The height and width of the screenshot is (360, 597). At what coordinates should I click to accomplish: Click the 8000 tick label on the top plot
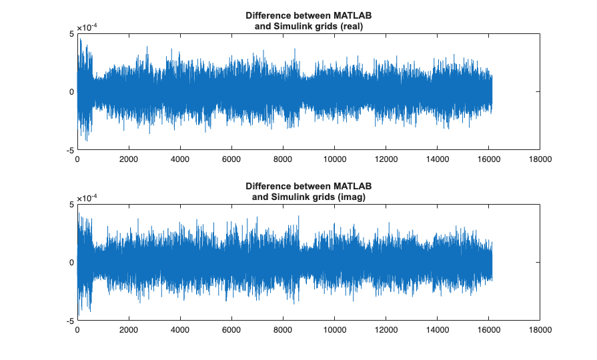(x=283, y=159)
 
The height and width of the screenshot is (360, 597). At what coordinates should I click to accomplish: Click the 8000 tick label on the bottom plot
(x=283, y=330)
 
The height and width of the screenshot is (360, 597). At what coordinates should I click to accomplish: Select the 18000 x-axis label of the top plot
(x=539, y=159)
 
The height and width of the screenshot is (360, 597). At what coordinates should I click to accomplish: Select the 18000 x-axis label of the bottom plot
(x=539, y=330)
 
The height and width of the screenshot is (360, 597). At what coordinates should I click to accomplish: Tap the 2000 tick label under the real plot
(x=129, y=159)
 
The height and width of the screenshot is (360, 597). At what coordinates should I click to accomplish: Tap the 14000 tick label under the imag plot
(x=436, y=330)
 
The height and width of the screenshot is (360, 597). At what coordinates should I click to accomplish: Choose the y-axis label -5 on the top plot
(x=71, y=151)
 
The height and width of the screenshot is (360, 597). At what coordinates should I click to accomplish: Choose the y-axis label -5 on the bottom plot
(x=71, y=321)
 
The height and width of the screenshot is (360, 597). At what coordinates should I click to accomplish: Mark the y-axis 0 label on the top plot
(x=72, y=92)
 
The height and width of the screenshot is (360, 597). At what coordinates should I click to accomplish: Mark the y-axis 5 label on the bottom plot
(x=72, y=204)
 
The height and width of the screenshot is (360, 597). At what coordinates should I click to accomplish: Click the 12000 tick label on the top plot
(x=386, y=159)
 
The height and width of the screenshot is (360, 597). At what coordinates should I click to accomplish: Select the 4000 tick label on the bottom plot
(x=180, y=330)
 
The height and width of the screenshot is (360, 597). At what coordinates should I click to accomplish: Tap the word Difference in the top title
(x=268, y=15)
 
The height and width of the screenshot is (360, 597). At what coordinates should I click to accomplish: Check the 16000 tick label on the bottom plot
(x=488, y=330)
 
